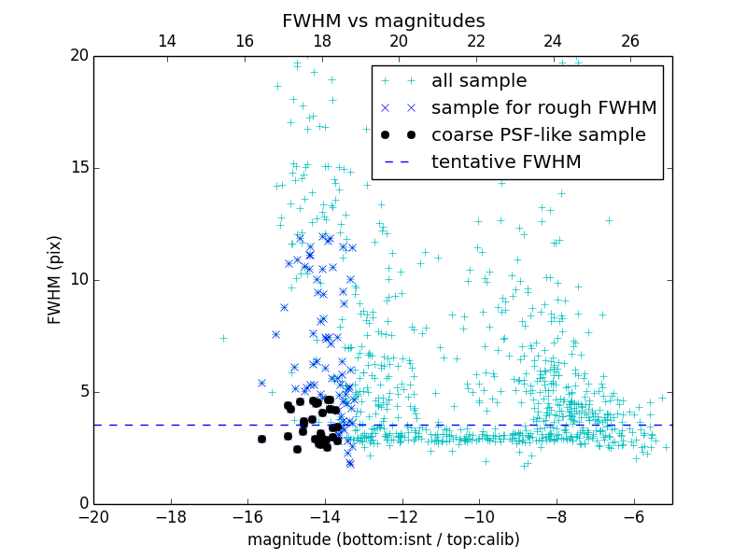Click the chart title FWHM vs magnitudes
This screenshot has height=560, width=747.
click(x=383, y=21)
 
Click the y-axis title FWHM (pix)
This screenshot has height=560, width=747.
click(x=55, y=279)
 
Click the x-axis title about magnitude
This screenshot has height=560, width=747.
click(x=383, y=539)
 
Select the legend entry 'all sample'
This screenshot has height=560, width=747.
click(x=479, y=81)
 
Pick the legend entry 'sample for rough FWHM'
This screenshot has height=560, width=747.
click(x=543, y=108)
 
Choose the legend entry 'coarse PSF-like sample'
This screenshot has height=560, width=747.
click(x=538, y=135)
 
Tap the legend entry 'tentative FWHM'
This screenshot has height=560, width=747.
click(x=506, y=162)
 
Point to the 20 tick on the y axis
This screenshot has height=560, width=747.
click(x=78, y=56)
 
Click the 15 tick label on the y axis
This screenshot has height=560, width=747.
click(x=78, y=168)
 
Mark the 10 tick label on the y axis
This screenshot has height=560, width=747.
click(x=78, y=280)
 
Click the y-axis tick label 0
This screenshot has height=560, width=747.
click(x=82, y=504)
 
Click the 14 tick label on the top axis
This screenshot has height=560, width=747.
click(x=167, y=41)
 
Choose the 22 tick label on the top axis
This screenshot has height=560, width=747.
click(x=476, y=41)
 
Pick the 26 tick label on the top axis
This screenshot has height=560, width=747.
click(x=630, y=41)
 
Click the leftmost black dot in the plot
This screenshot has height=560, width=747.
click(x=261, y=439)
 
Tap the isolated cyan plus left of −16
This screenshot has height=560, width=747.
click(x=223, y=338)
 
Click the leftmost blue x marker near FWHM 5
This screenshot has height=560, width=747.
click(x=261, y=383)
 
